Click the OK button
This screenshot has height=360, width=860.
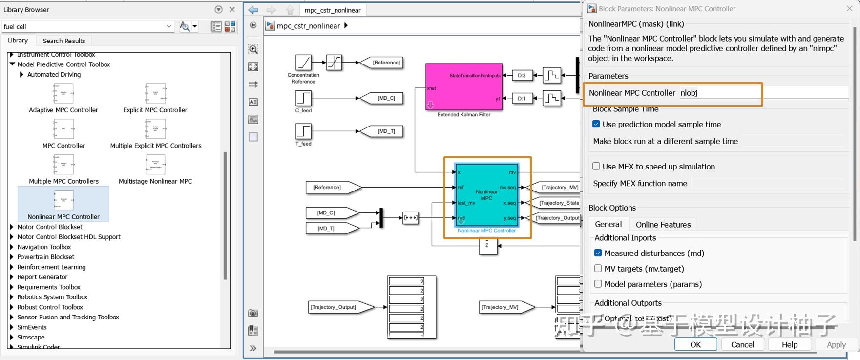point(695,344)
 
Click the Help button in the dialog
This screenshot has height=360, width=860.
point(789,344)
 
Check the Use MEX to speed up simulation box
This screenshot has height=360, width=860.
point(596,166)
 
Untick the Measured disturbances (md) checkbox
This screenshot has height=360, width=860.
point(598,253)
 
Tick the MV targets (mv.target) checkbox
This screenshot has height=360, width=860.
point(598,269)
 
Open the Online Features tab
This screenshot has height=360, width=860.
point(663,225)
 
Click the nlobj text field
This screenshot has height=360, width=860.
point(762,93)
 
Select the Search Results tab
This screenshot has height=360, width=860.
point(64,41)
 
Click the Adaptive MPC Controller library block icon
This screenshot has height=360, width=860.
point(63,93)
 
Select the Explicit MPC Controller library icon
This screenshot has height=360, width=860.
point(155,93)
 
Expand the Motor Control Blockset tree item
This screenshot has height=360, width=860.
point(12,227)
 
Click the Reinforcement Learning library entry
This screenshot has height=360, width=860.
point(51,267)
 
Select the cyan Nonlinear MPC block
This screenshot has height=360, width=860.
point(486,195)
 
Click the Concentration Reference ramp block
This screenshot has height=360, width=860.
point(303,63)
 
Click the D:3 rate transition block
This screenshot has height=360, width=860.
point(522,75)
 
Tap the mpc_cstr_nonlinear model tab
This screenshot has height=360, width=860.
point(333,10)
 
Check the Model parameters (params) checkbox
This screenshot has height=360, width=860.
point(598,284)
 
